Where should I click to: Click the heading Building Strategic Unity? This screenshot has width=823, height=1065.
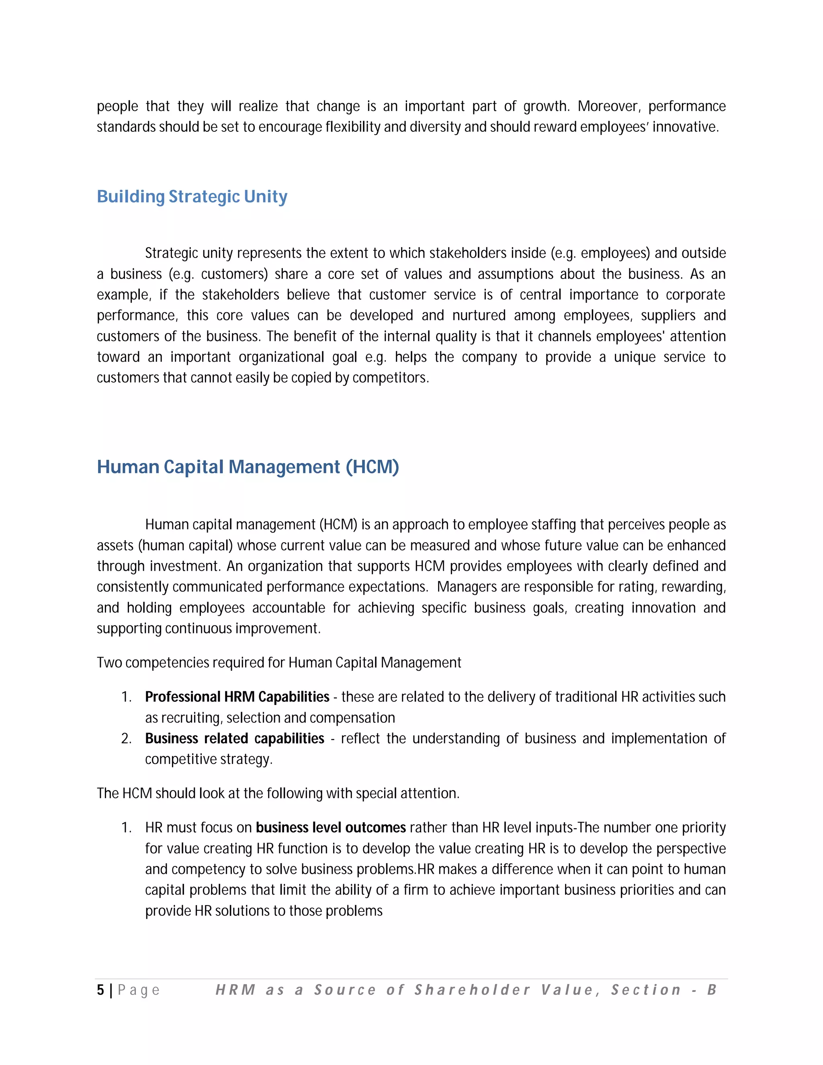pyautogui.click(x=192, y=197)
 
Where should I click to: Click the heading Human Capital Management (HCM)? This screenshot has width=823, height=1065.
pyautogui.click(x=248, y=467)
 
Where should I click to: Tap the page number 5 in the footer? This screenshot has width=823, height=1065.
pyautogui.click(x=100, y=989)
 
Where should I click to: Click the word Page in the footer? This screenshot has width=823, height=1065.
pyautogui.click(x=139, y=990)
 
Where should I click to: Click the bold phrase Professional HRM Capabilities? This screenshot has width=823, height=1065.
pyautogui.click(x=237, y=697)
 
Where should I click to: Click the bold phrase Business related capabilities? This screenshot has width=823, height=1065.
pyautogui.click(x=235, y=738)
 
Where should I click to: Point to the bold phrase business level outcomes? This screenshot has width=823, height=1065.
pyautogui.click(x=331, y=827)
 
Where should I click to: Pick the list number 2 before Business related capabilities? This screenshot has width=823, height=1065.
pyautogui.click(x=126, y=739)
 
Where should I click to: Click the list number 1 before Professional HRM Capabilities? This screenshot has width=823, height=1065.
pyautogui.click(x=126, y=697)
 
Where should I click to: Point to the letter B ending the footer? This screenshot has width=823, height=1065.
pyautogui.click(x=712, y=989)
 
